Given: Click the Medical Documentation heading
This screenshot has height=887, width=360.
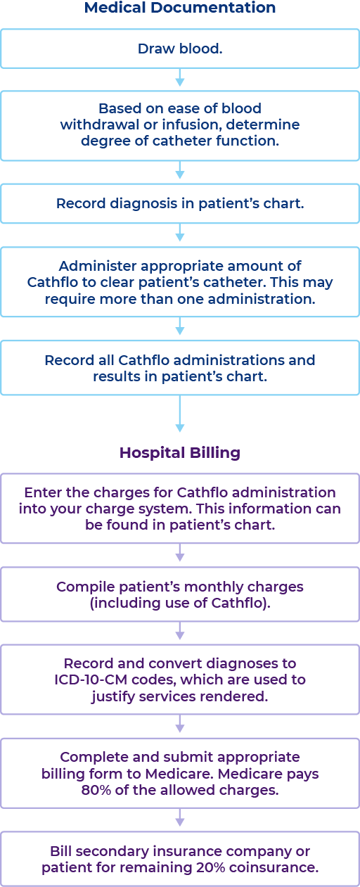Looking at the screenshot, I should pos(180,8).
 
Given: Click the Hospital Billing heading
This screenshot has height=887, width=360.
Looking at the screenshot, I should pos(180,452).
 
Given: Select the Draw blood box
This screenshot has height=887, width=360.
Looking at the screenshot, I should pos(180,49).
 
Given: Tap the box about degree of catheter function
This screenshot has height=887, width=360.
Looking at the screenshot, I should pos(180,125).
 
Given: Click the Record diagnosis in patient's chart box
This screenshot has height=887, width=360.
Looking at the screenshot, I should pos(180,204).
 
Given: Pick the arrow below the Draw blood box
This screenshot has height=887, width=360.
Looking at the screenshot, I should pos(180,78).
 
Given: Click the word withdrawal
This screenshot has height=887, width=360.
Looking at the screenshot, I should pos(96,125).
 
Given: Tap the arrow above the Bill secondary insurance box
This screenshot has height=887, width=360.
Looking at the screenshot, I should pos(180,819).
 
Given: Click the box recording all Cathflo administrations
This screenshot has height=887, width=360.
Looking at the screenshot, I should pos(180,368).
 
